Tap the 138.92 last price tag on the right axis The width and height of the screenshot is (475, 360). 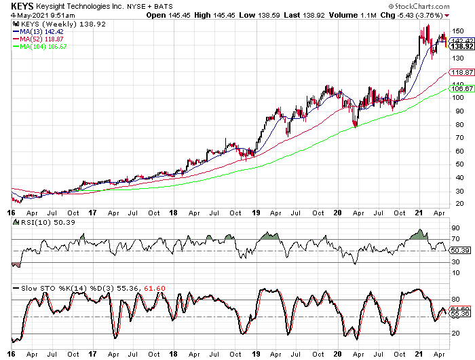(462, 46)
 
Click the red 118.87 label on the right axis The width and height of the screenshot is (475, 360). (462, 73)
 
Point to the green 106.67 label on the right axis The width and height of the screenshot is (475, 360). (462, 88)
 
